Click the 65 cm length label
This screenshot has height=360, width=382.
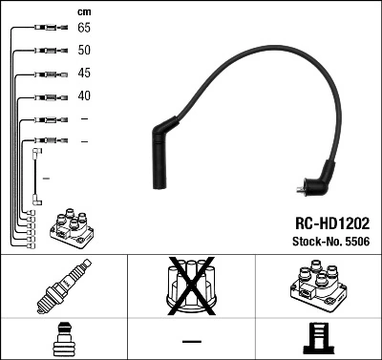[x=84, y=29]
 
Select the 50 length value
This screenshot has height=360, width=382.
[x=84, y=51]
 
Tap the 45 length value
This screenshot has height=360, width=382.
[x=84, y=74]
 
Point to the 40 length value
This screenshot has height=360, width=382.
[x=84, y=96]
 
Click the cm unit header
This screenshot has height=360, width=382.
[x=83, y=10]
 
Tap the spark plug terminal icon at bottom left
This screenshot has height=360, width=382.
[x=63, y=339]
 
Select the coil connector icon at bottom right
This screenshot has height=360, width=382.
[x=317, y=339]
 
